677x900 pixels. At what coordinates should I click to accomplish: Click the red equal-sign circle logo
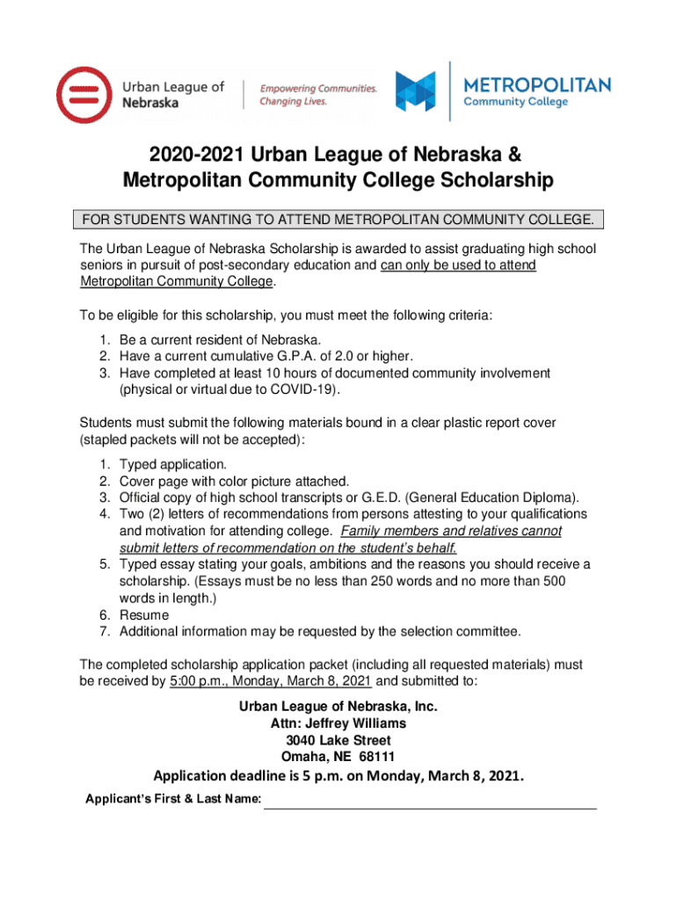coord(84,95)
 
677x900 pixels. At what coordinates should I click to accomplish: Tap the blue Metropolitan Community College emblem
coord(416,91)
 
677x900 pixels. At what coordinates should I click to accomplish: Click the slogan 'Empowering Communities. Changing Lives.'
coord(317,95)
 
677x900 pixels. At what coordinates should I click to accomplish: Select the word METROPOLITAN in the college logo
coord(536,85)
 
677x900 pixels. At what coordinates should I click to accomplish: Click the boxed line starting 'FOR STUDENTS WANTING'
coord(338,219)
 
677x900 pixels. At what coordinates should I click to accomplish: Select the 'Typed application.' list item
coord(173,464)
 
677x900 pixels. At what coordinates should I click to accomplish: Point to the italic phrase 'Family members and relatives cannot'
coord(451,531)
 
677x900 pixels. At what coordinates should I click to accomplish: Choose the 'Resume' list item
coord(144,615)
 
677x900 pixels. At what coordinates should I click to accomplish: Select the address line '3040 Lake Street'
coord(338,740)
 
